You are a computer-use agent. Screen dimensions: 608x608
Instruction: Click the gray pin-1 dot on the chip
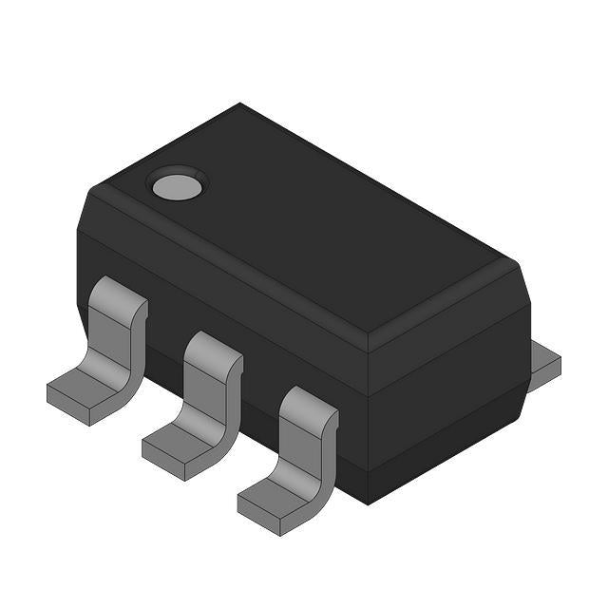(x=178, y=185)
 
